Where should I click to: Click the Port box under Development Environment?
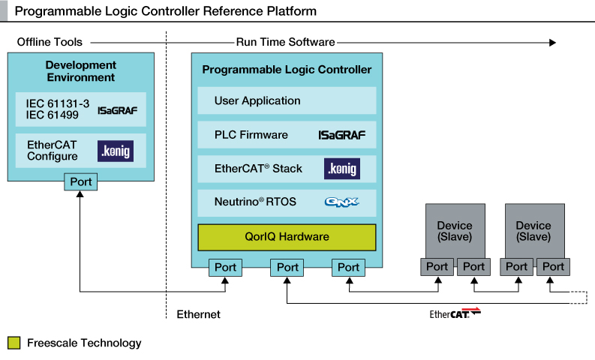pyautogui.click(x=81, y=181)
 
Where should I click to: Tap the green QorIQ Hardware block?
pyautogui.click(x=287, y=237)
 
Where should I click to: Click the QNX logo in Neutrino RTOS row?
pyautogui.click(x=341, y=202)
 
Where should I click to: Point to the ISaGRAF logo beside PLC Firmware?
pyautogui.click(x=341, y=135)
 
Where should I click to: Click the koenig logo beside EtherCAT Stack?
pyautogui.click(x=342, y=169)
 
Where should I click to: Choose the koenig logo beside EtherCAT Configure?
pyautogui.click(x=116, y=151)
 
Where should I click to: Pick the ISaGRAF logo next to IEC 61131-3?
pyautogui.click(x=117, y=110)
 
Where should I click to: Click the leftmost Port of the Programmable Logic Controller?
pyautogui.click(x=225, y=267)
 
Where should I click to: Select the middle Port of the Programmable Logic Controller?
pyautogui.click(x=287, y=267)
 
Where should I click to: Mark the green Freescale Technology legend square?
pyautogui.click(x=14, y=343)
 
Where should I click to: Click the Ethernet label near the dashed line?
pyautogui.click(x=198, y=314)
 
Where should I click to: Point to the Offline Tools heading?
pyautogui.click(x=50, y=42)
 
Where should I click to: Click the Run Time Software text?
pyautogui.click(x=285, y=42)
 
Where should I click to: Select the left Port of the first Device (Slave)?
pyautogui.click(x=437, y=266)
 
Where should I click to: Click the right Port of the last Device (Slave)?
pyautogui.click(x=553, y=266)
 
